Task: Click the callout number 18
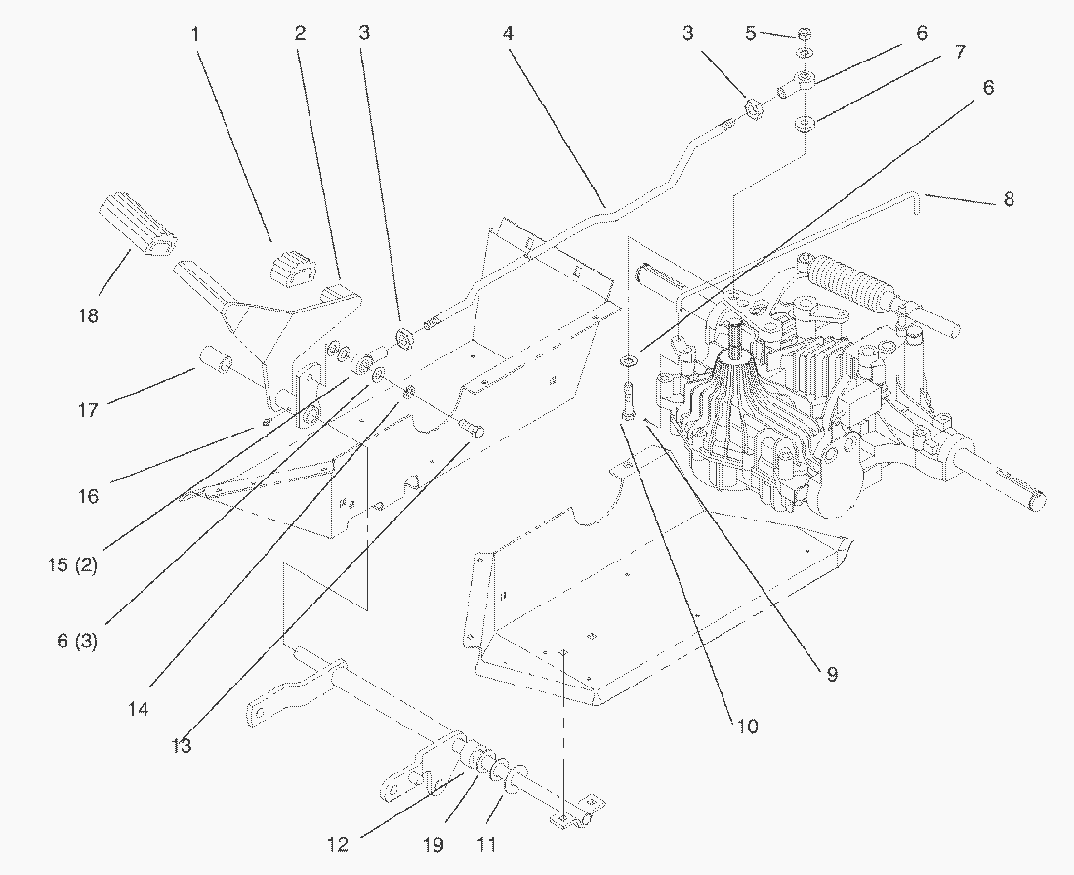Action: (x=88, y=316)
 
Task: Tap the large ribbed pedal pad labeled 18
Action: (x=138, y=226)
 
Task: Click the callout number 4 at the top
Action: (x=507, y=33)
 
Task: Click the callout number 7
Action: (x=960, y=51)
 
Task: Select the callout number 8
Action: (x=1009, y=199)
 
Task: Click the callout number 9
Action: (x=832, y=674)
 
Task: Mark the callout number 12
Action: (x=338, y=844)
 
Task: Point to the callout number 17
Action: (x=88, y=410)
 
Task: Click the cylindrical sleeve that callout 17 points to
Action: (x=218, y=362)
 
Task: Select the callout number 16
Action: (x=88, y=496)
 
